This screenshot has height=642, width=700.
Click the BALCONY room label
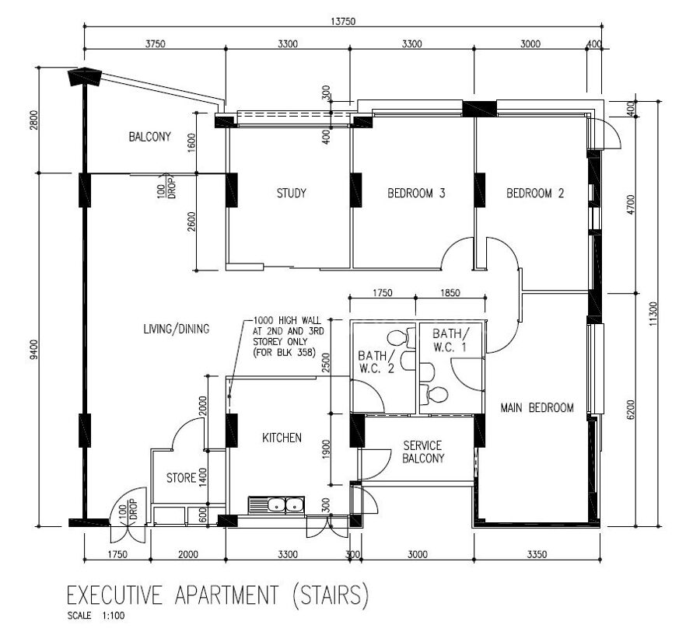tap(149, 137)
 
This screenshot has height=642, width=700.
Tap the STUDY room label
tap(291, 194)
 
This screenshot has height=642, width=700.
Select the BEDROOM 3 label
tap(416, 194)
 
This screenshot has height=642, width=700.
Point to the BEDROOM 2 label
tap(535, 194)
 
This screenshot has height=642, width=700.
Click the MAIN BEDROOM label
tap(537, 408)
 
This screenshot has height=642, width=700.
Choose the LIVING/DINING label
tap(177, 329)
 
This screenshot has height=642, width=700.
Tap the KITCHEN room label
tap(282, 438)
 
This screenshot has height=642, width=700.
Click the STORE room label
tap(181, 478)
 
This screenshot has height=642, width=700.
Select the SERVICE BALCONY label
tap(423, 452)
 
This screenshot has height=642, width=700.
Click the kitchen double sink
tap(276, 505)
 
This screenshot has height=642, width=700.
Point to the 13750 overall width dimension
tap(343, 22)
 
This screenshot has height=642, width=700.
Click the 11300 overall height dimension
tap(653, 314)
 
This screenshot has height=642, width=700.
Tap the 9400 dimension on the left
tap(35, 349)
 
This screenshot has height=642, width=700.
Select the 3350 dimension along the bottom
tap(537, 554)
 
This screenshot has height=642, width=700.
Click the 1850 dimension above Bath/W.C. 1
tap(450, 293)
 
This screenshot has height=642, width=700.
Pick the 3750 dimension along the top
tap(155, 44)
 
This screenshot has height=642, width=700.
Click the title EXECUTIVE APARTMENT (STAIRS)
tap(218, 595)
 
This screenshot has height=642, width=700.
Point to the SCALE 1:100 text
tap(96, 616)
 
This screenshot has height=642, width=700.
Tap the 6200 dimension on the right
tap(630, 410)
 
